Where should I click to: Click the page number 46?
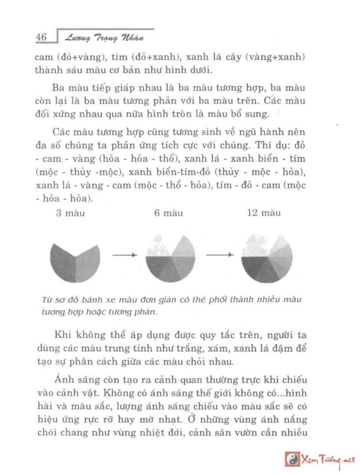41,37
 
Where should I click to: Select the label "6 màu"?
168,213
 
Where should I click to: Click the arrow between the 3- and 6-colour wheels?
124,255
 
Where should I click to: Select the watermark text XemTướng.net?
328,460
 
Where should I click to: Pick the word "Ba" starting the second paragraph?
59,87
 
